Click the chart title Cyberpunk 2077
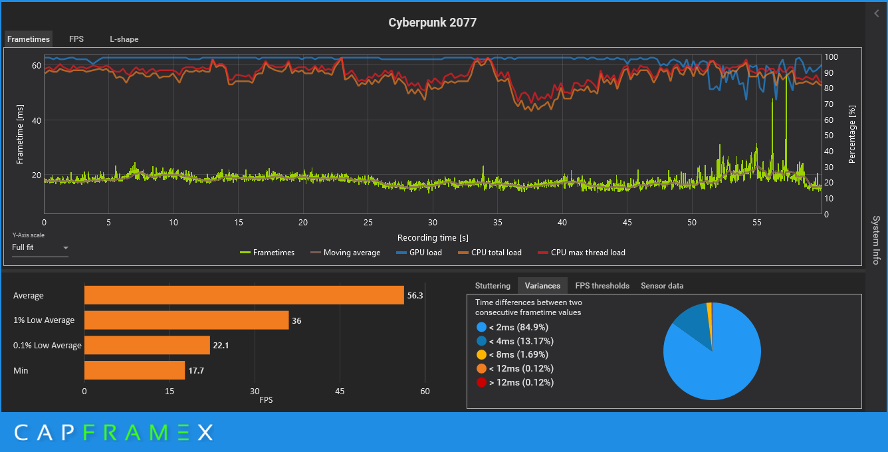(432, 23)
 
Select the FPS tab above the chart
(76, 39)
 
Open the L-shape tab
(124, 39)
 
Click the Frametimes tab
(28, 39)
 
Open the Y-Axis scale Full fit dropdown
(41, 248)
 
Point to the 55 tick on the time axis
(756, 223)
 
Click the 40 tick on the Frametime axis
(37, 120)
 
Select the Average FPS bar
(244, 295)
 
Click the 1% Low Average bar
(186, 320)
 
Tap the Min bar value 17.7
(196, 370)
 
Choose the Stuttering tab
(493, 286)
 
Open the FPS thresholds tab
(602, 286)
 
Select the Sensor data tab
(662, 286)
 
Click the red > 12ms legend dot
(481, 383)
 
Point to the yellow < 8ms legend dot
(481, 355)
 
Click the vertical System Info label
(876, 240)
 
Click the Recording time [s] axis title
(432, 237)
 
